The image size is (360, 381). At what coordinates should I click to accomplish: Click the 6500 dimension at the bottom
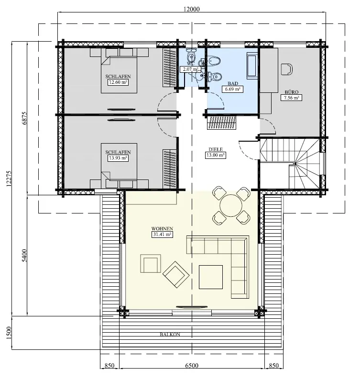[191, 366]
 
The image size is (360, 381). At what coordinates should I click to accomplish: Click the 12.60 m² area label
[118, 82]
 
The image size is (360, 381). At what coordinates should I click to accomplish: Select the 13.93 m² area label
[118, 157]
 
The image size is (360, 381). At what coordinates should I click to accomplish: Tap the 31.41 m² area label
[162, 235]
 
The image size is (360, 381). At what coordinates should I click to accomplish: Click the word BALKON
[170, 335]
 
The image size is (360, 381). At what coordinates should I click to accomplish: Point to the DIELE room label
[216, 149]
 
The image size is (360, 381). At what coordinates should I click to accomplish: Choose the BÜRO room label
[290, 91]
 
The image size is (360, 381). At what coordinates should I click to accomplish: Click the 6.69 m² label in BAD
[232, 89]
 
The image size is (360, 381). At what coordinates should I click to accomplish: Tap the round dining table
[231, 206]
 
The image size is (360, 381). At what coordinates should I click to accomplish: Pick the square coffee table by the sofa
[212, 276]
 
